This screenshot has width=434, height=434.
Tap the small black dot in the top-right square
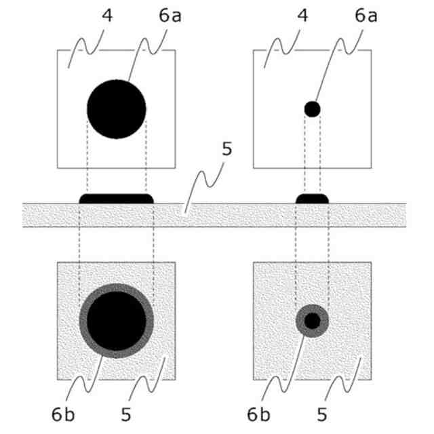pyautogui.click(x=312, y=108)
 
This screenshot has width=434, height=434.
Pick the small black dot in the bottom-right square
pyautogui.click(x=312, y=321)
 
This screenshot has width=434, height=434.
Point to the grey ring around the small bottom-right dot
pyautogui.click(x=300, y=321)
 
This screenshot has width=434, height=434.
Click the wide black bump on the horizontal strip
pyautogui.click(x=117, y=199)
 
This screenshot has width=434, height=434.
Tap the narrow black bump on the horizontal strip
pyautogui.click(x=312, y=199)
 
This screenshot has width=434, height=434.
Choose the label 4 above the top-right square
pyautogui.click(x=303, y=15)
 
